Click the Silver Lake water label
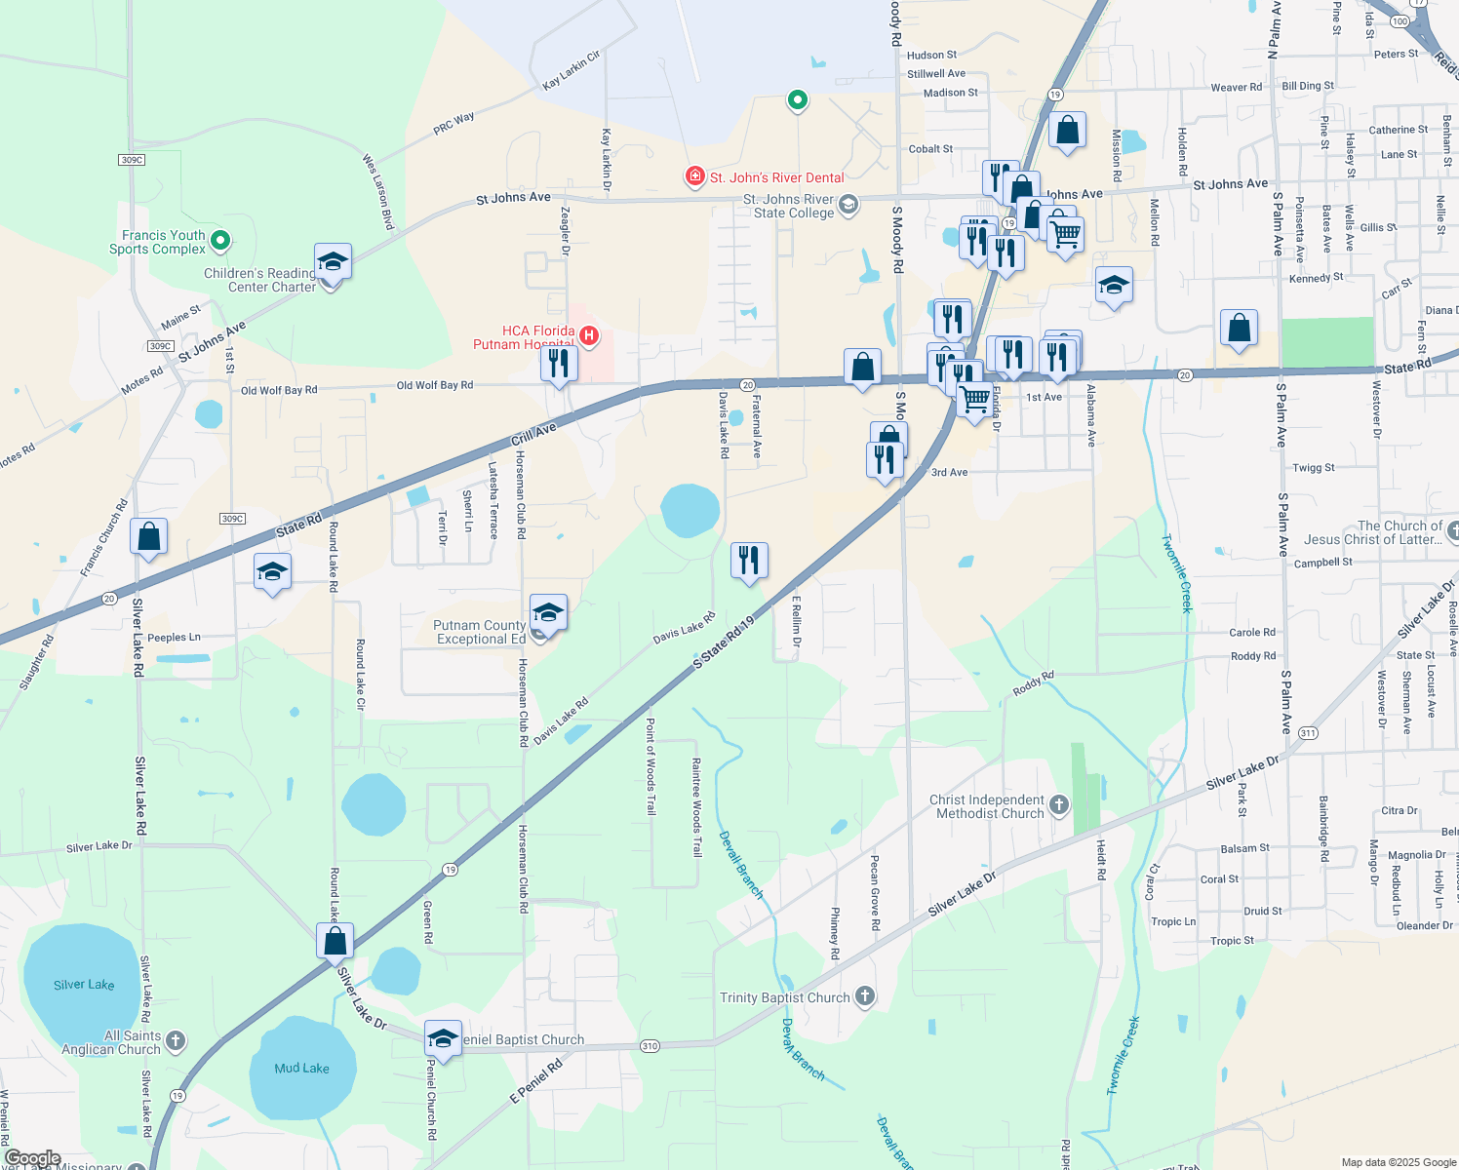coord(84,985)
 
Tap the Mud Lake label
coord(301,1069)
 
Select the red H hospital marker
coord(588,336)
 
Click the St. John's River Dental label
coord(776,177)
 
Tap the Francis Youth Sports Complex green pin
coord(220,240)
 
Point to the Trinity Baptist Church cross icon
coord(865,996)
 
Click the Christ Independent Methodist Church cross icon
coord(1059,805)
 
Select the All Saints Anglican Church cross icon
coord(176,1041)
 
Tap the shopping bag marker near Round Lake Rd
coord(335,942)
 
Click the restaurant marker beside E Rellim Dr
coord(749,561)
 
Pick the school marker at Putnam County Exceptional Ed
coord(548,613)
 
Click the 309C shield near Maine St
coord(161,346)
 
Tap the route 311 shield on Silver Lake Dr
coord(1308,733)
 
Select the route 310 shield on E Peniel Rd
coord(651,1046)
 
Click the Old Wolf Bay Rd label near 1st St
coord(279,390)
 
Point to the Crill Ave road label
coord(533,434)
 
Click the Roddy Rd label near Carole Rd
coord(1253,656)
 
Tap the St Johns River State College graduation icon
coord(848,204)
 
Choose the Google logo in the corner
coord(33,1158)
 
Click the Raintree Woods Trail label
coord(696,806)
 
